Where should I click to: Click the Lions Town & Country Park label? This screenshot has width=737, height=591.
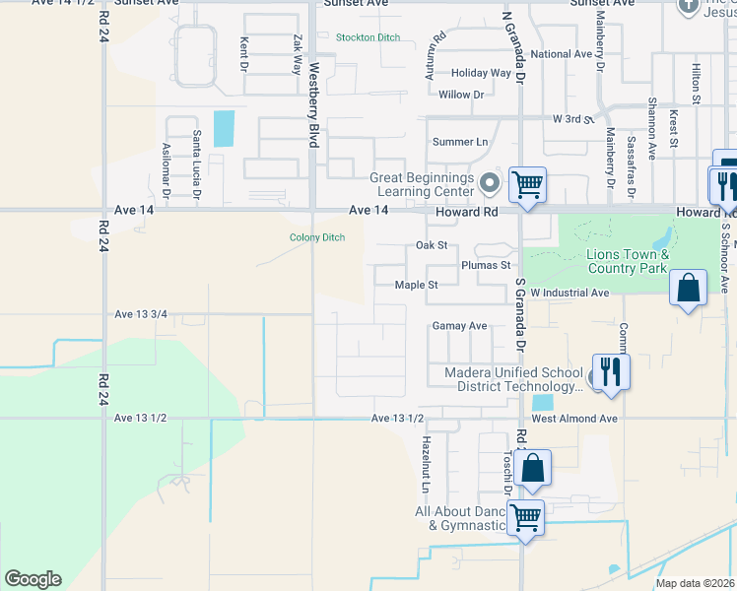coord(627,261)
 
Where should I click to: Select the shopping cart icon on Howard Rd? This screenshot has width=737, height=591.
coord(528,184)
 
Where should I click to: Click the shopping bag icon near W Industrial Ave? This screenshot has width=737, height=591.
coord(688,290)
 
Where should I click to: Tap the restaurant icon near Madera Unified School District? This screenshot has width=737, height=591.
coord(610,372)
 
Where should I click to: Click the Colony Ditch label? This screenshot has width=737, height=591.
coord(316,237)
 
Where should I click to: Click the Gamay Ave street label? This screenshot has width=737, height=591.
coord(459,326)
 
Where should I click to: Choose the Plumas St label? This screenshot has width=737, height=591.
coord(486,265)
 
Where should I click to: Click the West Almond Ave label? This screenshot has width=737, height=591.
coord(574,419)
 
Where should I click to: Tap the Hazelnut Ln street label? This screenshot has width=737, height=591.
coord(426,465)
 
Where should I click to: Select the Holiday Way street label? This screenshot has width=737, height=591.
coord(481,73)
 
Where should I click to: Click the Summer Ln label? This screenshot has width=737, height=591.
coord(467,142)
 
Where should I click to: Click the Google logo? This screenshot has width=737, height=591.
coord(33,579)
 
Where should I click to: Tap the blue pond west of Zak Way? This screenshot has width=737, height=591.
coord(225,128)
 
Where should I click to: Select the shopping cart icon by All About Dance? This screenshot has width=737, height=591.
coord(525,517)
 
